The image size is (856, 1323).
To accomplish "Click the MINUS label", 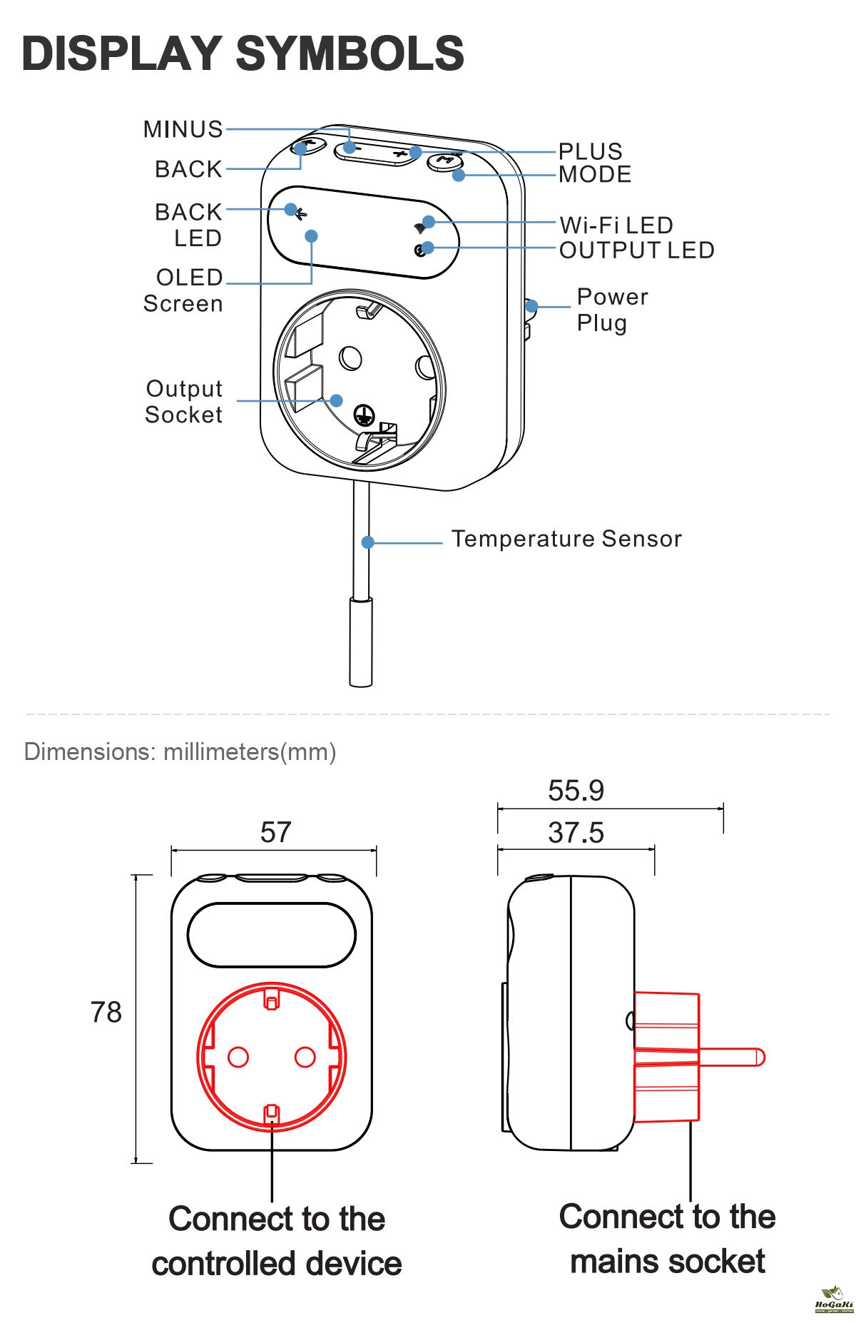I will pos(183,129).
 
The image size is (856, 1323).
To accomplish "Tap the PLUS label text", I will pos(590,151).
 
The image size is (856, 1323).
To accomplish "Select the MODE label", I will pos(595,174).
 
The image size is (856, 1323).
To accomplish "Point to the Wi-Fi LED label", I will pos(616,225).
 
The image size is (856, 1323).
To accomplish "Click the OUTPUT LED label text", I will pos(636,250).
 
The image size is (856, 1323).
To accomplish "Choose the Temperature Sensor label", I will pos(566,539).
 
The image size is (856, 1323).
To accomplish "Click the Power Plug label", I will pos(612,310).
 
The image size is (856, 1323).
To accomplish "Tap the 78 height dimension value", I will pos(106,1013).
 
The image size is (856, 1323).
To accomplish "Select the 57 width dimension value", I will pos(275,832).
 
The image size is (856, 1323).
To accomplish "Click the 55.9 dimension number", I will pos(576,791).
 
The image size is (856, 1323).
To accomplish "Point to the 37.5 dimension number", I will pos(576,833).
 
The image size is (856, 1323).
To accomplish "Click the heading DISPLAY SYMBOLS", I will pos(243,54).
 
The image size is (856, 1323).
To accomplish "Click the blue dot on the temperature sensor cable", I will pos(368,542).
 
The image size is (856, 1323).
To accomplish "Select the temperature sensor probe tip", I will pos(360,642).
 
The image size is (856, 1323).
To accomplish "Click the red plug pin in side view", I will pos(731,1057).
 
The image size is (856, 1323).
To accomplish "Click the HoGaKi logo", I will pos(833,1299).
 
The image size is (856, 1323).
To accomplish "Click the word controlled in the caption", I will pos(235,1264).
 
